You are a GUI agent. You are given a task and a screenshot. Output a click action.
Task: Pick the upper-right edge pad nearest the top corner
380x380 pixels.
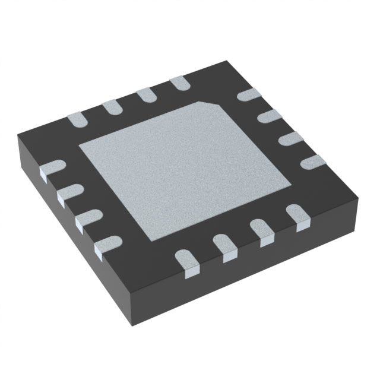246,96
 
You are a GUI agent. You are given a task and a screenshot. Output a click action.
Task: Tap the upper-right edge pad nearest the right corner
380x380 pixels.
311,160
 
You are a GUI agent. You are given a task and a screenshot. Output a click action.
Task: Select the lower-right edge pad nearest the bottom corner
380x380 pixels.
186,261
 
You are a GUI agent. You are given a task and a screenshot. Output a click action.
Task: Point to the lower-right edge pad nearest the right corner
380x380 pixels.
297,214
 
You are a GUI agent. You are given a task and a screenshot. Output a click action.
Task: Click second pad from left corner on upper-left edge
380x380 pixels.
110,107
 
